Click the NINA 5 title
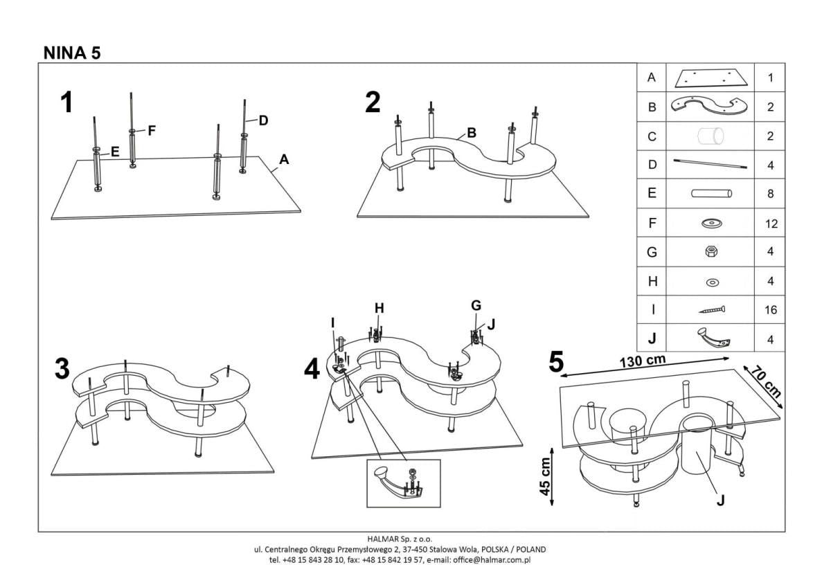72,53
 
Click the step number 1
66,103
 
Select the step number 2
373,102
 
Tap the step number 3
62,369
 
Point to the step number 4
312,370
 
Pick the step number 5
556,363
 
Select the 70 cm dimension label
766,382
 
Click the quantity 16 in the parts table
770,311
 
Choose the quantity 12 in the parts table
770,224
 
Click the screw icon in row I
711,310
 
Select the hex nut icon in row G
711,253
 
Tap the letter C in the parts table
651,136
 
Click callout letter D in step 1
263,120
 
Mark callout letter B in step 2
471,132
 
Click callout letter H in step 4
379,308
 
